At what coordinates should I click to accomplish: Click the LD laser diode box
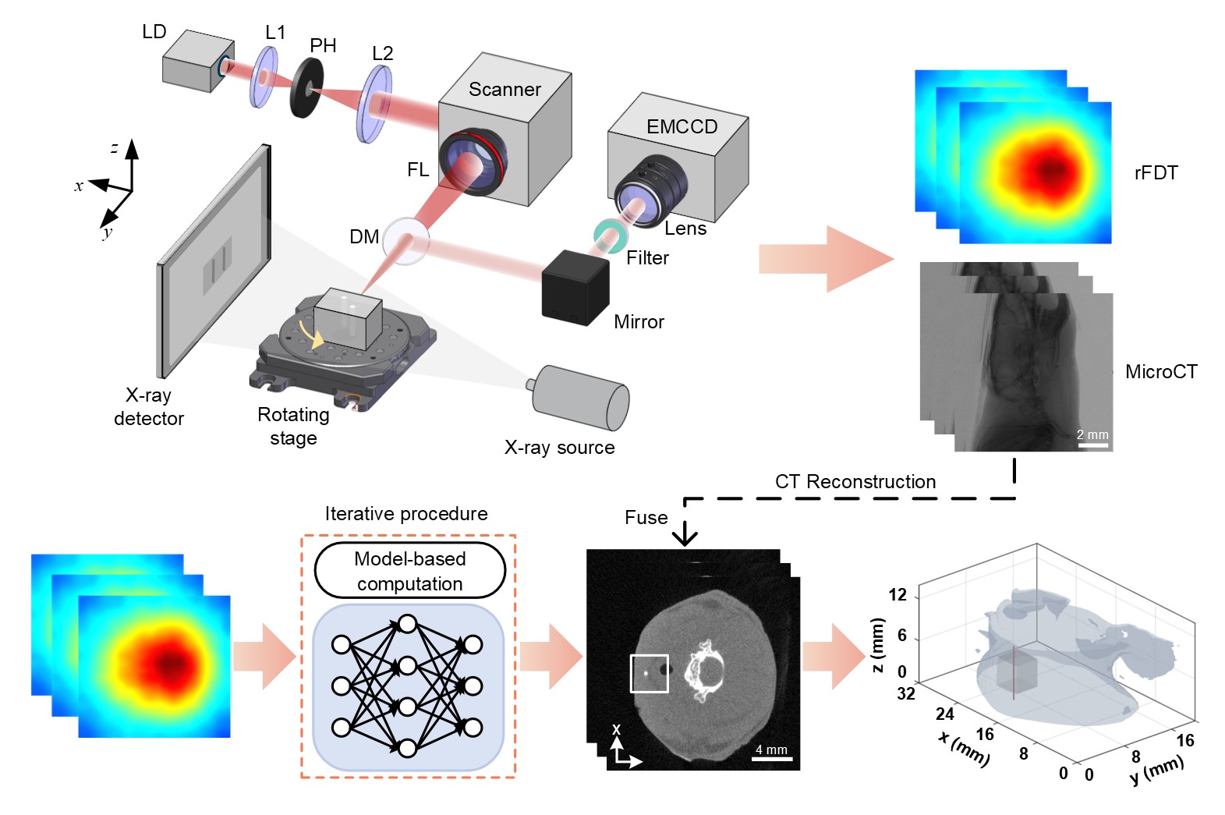195,62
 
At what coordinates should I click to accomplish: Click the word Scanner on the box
505,90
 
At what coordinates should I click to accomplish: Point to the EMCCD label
682,126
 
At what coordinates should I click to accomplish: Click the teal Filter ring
609,235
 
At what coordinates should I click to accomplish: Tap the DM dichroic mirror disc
406,241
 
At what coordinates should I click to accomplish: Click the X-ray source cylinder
580,397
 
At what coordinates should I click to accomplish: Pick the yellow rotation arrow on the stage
317,336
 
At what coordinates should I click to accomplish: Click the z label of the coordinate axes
115,147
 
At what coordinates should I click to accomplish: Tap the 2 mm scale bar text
1092,434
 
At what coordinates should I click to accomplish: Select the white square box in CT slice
649,673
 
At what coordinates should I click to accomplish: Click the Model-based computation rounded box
410,571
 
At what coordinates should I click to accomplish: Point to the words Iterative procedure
406,514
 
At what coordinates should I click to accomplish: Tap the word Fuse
646,518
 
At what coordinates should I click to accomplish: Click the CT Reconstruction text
855,482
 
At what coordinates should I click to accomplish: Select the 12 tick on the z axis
898,595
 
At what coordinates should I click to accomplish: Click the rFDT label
1156,173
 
